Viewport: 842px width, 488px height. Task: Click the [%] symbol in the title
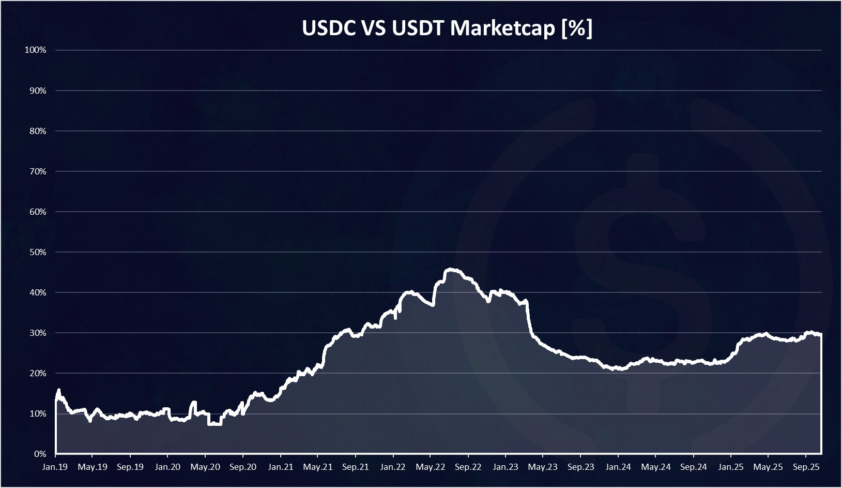pos(577,28)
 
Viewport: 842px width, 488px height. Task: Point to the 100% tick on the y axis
pos(35,50)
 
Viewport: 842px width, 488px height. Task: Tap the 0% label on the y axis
pos(40,454)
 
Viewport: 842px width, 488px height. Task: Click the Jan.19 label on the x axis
pos(55,467)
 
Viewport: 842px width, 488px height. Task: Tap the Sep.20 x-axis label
pos(243,467)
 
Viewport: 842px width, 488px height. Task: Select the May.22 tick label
pos(431,467)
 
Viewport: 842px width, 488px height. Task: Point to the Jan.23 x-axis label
pos(506,467)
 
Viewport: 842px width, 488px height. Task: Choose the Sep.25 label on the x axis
pos(806,467)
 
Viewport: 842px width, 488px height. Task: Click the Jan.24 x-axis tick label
pos(618,467)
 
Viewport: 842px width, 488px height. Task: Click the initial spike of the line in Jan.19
pos(58,391)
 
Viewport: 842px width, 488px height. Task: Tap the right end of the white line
pos(821,335)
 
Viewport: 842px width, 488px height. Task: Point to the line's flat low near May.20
pos(215,424)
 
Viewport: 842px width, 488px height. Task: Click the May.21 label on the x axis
pos(318,467)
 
